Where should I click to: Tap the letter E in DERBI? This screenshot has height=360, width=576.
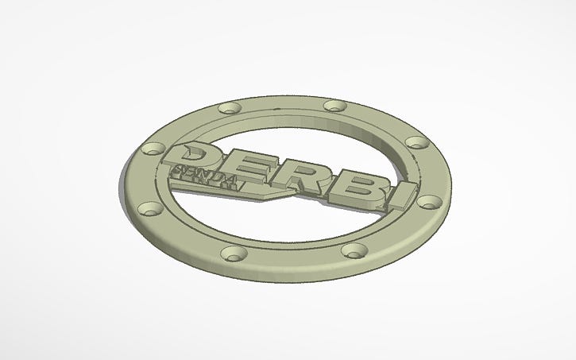coord(247,166)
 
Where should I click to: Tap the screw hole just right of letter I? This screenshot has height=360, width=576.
coord(429,202)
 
